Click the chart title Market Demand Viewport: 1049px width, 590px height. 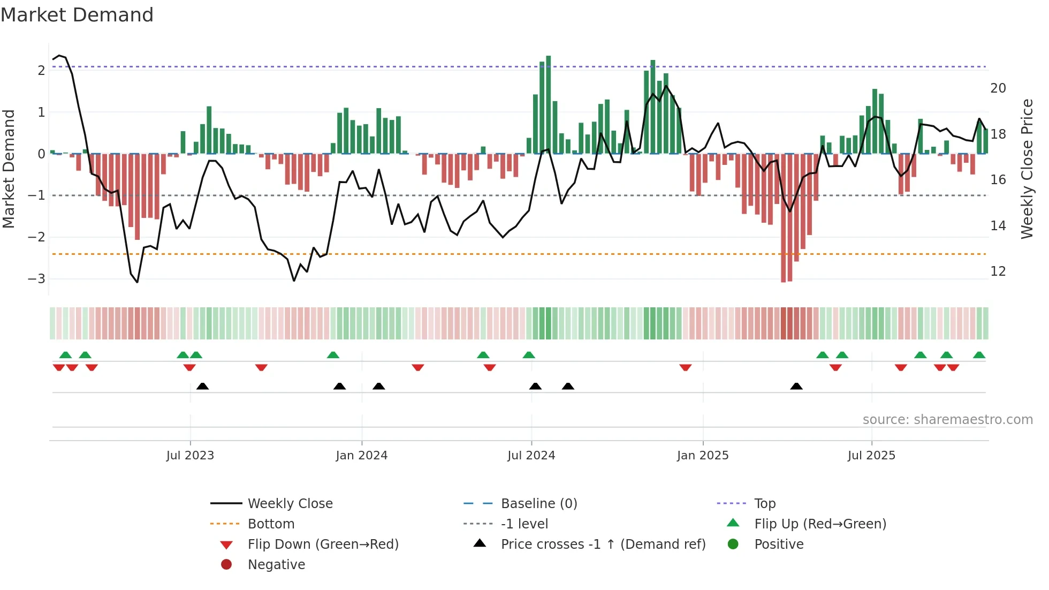pos(77,15)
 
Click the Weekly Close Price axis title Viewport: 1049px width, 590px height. pos(1027,169)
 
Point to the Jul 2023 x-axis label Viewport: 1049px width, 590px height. pos(190,456)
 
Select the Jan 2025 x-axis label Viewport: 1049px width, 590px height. pos(702,456)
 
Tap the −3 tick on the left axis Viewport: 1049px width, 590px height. pos(36,279)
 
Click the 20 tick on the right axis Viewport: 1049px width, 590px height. pos(998,88)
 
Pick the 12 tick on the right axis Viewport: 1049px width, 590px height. pos(998,271)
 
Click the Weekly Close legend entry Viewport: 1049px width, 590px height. pos(290,504)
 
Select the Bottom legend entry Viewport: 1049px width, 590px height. pos(271,524)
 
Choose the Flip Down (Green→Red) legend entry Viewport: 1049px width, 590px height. pos(323,544)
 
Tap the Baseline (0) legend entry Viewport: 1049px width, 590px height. pos(538,504)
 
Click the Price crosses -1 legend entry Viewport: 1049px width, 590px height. pos(603,544)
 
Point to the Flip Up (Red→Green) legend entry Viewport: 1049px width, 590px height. pos(820,524)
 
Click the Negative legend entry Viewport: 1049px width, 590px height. pos(276,565)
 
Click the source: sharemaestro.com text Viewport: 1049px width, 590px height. pos(947,420)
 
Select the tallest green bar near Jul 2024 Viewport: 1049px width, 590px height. pos(548,104)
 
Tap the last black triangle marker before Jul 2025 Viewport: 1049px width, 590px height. pos(796,387)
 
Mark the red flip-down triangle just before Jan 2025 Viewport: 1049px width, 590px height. pos(686,367)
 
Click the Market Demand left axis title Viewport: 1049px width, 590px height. pos(9,169)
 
